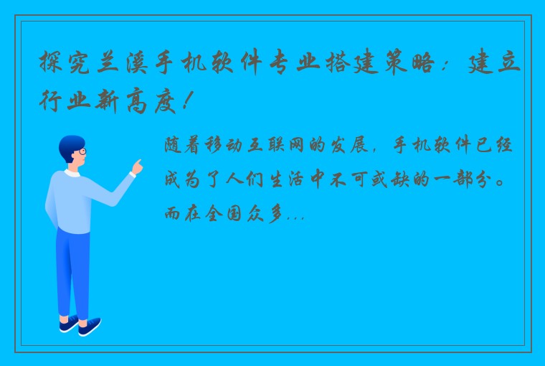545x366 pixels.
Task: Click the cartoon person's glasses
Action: tap(82, 152)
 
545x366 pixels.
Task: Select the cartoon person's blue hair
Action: tap(70, 142)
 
